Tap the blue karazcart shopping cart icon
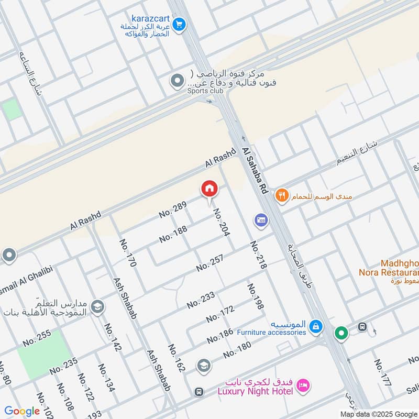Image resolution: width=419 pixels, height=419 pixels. [179, 24]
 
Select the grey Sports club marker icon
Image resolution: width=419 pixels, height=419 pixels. [178, 81]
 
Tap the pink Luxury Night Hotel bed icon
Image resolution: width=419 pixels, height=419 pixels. [303, 386]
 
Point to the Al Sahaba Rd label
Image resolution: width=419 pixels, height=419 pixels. [255, 171]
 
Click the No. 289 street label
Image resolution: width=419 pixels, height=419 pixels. [173, 210]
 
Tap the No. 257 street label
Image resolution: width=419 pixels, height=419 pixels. [210, 262]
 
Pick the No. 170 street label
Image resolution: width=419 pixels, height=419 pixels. [128, 253]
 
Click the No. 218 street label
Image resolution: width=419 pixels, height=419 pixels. [258, 255]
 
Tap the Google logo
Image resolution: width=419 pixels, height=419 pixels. [22, 411]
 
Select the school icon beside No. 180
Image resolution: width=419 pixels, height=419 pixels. [204, 366]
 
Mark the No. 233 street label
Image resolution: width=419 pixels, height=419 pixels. [201, 300]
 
